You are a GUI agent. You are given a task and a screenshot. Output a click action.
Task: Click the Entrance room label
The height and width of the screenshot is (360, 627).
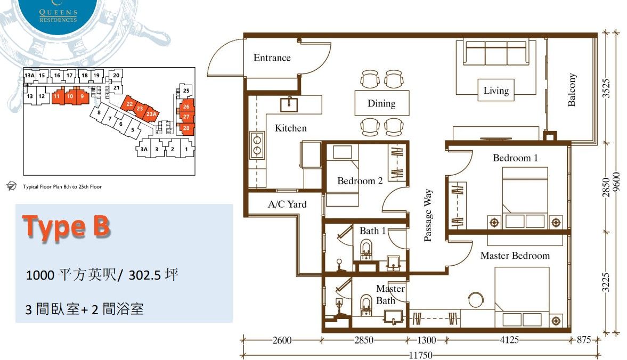click(x=272, y=58)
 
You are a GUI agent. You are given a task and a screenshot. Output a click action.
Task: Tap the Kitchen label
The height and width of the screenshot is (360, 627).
click(x=291, y=128)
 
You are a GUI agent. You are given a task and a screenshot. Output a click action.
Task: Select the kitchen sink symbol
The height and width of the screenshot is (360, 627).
click(x=289, y=104)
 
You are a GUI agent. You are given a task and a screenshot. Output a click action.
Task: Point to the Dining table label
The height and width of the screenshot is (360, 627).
click(x=381, y=103)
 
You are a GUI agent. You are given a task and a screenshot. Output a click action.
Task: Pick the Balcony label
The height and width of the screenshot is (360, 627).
click(x=572, y=89)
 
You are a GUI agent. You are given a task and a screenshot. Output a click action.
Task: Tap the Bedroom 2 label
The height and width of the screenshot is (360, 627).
click(x=360, y=181)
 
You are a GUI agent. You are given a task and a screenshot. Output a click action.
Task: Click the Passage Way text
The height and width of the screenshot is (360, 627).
click(x=427, y=215)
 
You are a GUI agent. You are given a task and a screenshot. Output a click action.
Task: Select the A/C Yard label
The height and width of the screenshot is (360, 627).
click(x=287, y=204)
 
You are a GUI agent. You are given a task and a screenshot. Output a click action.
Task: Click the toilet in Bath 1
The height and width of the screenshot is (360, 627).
click(x=367, y=249)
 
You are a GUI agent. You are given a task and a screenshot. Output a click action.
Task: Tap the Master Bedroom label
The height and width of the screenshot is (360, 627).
click(x=515, y=256)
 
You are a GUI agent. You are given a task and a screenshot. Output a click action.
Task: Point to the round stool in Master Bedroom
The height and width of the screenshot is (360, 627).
click(x=476, y=300)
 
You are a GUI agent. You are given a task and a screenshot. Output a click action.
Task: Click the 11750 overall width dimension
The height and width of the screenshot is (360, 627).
click(x=421, y=355)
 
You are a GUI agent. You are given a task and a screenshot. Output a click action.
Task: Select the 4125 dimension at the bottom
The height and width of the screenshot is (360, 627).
click(x=509, y=340)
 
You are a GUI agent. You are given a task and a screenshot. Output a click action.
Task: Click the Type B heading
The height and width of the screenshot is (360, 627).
click(x=67, y=226)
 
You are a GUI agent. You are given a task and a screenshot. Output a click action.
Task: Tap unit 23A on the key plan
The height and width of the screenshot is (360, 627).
click(x=151, y=114)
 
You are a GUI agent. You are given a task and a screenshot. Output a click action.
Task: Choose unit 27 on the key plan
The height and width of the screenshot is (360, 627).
click(x=186, y=117)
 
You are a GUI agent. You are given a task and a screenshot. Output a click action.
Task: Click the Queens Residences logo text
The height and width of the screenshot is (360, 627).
click(x=59, y=17)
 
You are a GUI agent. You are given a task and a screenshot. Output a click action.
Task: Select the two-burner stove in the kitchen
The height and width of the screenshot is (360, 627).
click(x=257, y=145)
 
